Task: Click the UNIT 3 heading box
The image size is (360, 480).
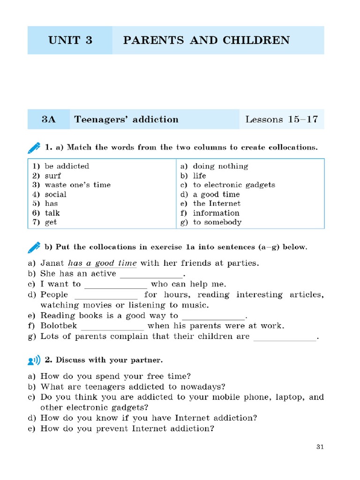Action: click(70, 40)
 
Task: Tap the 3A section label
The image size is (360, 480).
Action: click(48, 120)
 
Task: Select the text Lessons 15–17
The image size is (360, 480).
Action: click(281, 120)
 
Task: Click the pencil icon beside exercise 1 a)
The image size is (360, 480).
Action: click(34, 148)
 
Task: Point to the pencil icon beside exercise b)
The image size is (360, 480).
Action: click(34, 247)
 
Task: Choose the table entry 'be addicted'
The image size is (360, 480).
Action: click(67, 166)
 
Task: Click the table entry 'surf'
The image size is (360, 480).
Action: click(52, 176)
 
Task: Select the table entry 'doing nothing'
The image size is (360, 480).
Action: click(220, 166)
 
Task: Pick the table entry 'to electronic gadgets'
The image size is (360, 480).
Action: click(234, 185)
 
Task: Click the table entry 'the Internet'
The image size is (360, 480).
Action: click(217, 203)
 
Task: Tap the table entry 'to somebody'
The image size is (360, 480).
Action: click(217, 222)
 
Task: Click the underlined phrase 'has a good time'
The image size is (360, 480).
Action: click(103, 263)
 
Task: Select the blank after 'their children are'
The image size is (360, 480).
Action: click(285, 337)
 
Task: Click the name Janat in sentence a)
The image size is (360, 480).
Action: click(52, 263)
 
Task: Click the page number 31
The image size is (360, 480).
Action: click(320, 447)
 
